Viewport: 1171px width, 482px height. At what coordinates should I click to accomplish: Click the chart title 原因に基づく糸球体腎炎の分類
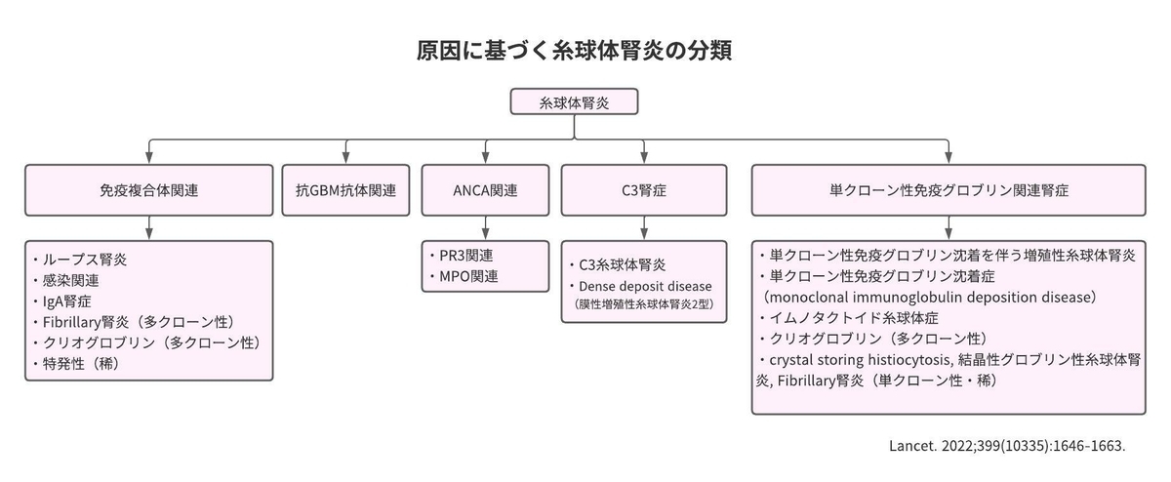574,51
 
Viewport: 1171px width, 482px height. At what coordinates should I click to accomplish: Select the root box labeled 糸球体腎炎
574,101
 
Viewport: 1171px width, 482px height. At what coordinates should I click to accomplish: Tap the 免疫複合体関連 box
149,190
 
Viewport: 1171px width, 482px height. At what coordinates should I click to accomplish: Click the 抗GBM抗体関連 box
345,190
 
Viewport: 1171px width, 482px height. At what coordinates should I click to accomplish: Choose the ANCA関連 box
485,190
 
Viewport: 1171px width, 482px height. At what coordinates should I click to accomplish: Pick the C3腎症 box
644,190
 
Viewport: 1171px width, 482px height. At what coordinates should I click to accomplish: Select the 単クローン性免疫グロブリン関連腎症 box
949,190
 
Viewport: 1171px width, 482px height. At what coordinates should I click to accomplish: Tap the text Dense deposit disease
645,286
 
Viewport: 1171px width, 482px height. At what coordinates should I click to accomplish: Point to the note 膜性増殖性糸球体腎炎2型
643,304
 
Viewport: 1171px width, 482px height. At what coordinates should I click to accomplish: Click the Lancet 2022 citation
1007,446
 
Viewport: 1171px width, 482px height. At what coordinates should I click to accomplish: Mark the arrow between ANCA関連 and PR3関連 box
485,228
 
